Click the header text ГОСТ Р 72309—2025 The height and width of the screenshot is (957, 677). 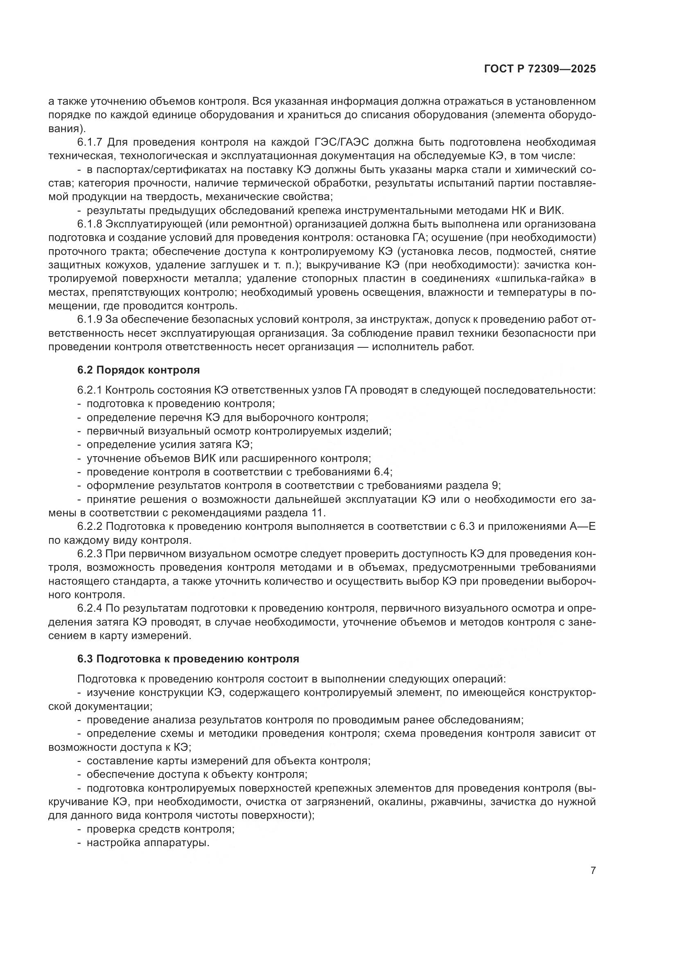pyautogui.click(x=540, y=69)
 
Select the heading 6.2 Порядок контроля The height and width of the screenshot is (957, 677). pyautogui.click(x=138, y=370)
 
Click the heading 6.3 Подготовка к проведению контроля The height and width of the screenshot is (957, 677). pyautogui.click(x=188, y=659)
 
